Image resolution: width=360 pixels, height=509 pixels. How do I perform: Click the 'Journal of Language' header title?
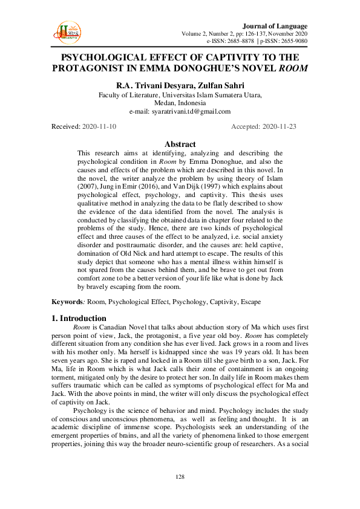pos(275,26)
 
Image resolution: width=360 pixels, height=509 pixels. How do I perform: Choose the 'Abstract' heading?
pos(180,144)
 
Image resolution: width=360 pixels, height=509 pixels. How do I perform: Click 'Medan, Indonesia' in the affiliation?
pos(180,103)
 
